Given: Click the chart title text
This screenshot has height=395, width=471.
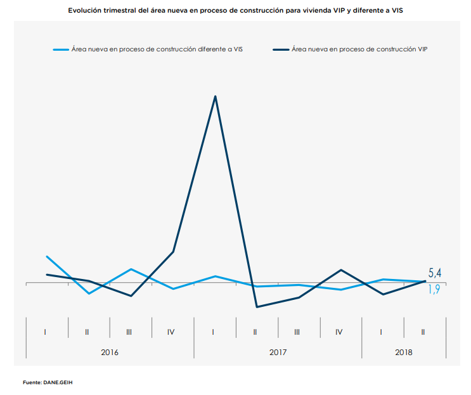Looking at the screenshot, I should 235,11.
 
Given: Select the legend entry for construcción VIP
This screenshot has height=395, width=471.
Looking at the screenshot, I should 359,49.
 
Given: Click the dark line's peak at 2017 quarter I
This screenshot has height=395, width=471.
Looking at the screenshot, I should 216,96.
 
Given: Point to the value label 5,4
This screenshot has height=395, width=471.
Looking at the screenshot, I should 435,273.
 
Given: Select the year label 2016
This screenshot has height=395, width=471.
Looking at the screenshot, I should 110,351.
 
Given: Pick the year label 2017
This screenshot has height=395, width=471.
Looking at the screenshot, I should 278,351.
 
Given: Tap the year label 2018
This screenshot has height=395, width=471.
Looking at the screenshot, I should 403,351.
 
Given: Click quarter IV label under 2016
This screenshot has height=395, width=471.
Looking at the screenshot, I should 171,332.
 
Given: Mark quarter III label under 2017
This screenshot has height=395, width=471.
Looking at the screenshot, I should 297,332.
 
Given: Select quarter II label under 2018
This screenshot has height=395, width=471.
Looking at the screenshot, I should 424,332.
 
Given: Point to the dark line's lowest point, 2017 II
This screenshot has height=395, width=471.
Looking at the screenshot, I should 257,307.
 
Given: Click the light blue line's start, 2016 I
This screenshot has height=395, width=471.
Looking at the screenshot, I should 47,256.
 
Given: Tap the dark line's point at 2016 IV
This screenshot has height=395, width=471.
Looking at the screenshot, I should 173,252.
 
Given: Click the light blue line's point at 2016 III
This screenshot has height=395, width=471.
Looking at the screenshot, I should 131,269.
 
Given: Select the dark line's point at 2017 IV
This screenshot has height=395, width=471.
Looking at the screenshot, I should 341,270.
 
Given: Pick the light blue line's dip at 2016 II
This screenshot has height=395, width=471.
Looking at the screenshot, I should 89,293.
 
